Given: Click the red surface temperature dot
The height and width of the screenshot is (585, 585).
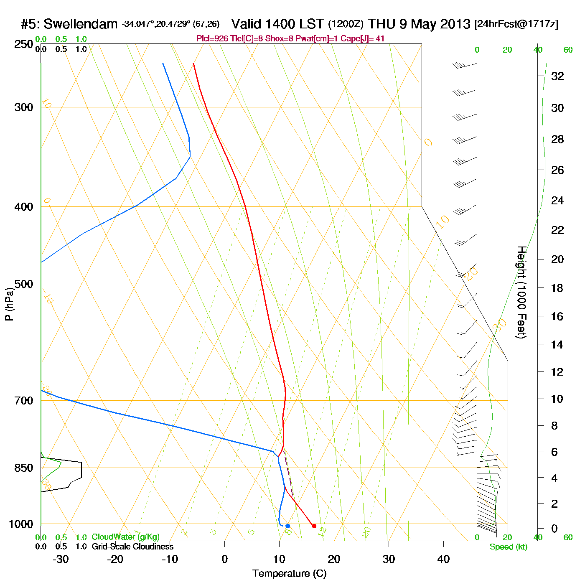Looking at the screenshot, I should coord(314,526).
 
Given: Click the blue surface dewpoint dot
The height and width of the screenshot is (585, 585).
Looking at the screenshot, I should coord(287,526).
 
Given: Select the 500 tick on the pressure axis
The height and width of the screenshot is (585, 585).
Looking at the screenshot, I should coord(24,284).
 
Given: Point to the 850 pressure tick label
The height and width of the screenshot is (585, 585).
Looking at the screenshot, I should coord(24,468).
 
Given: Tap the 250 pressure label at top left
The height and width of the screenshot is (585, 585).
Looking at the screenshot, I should coord(24,44).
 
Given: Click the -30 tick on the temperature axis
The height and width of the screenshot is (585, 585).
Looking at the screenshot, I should coord(61,559).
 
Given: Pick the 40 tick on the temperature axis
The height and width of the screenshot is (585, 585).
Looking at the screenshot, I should coord(443,559).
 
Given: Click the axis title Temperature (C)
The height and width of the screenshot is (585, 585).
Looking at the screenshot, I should coord(289,574).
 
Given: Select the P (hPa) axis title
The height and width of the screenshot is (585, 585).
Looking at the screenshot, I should coord(9,304).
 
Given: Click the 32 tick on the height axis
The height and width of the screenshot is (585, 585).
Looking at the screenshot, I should coord(557,76).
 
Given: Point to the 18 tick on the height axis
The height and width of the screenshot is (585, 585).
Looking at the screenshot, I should coord(557,288).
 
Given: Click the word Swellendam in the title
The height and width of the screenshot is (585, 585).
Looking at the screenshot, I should coord(81,24).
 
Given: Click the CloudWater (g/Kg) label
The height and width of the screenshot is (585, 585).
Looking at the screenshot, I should coord(125,537).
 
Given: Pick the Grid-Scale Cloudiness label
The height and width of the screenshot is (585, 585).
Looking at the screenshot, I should coord(132,547).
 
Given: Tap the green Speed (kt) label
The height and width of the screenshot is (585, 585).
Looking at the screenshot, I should coord(508,547).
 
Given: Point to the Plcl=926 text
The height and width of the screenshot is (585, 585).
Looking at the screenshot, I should coord(212,39).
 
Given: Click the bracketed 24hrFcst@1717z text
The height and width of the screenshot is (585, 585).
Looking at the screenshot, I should coord(516,24).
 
